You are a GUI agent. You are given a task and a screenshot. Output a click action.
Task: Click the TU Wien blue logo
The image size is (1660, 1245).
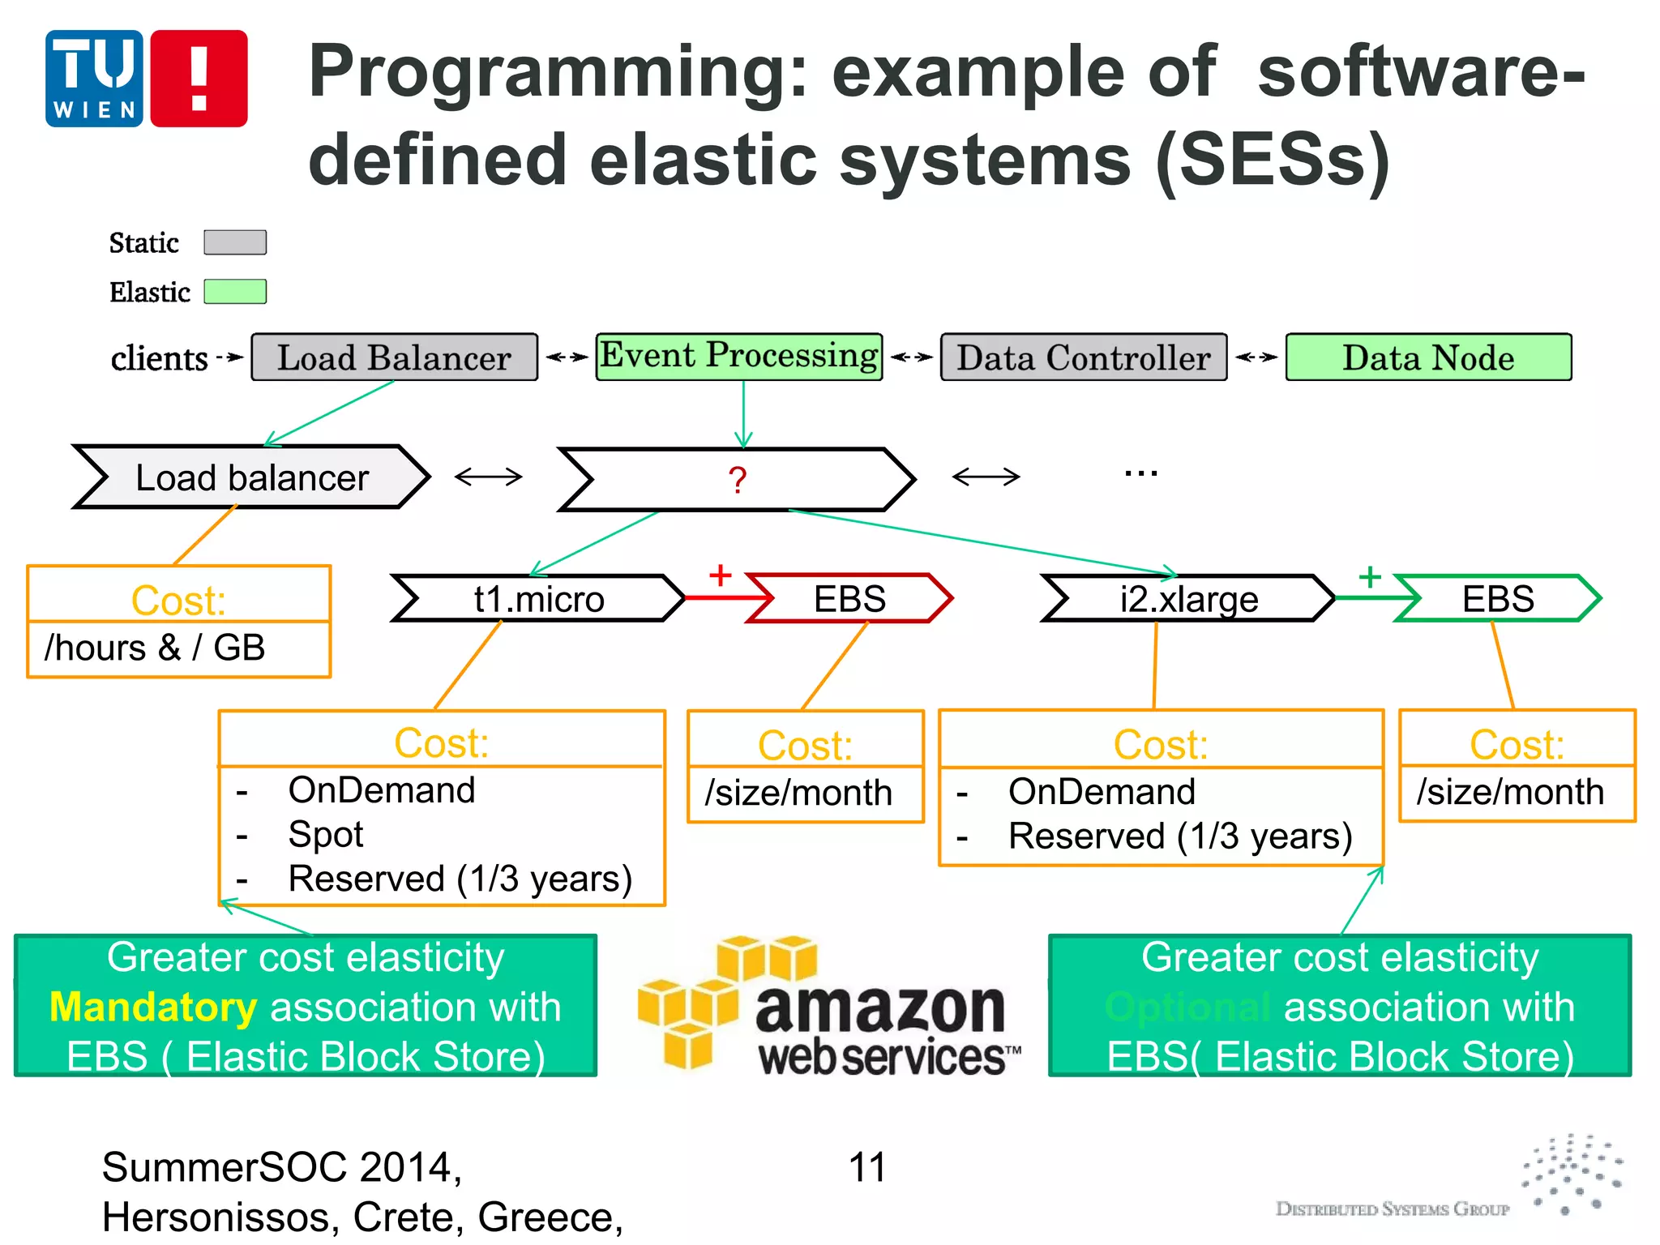coord(94,79)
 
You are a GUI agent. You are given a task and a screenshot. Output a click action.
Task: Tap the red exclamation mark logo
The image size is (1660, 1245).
coord(199,79)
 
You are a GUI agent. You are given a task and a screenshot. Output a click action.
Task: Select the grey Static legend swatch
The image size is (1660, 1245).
coord(235,242)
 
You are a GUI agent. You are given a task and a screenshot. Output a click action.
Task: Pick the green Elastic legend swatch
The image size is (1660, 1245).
coord(235,292)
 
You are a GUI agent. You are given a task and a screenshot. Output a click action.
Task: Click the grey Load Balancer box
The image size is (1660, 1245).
coord(394,357)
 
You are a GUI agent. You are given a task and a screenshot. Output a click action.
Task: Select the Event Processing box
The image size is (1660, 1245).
coord(738,357)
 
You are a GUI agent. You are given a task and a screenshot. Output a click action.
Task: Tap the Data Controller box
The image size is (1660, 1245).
coord(1083,357)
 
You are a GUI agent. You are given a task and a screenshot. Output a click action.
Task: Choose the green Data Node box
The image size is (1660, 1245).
coord(1428,357)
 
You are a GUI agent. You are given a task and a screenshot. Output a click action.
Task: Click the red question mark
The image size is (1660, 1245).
coord(737,480)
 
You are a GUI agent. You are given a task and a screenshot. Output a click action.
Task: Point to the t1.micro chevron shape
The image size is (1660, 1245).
coord(538,599)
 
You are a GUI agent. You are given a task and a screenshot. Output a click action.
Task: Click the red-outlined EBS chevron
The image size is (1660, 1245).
coord(849,599)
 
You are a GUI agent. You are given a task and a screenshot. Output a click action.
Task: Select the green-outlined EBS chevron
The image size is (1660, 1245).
coord(1497,599)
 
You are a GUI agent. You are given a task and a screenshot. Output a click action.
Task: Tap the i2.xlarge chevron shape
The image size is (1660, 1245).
coord(1188,599)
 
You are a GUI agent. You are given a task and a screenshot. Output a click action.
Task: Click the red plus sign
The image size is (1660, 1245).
coord(720,575)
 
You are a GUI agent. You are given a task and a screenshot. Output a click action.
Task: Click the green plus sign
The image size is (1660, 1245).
coord(1370,576)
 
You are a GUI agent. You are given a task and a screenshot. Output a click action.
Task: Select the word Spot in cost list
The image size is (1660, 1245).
coord(325,834)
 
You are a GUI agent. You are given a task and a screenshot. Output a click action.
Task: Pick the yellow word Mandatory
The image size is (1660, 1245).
coord(153,1008)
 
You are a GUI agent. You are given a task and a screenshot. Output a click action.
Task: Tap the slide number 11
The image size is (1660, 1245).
coord(866,1168)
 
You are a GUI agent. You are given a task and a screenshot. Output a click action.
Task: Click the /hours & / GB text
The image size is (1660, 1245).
coord(155,648)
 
